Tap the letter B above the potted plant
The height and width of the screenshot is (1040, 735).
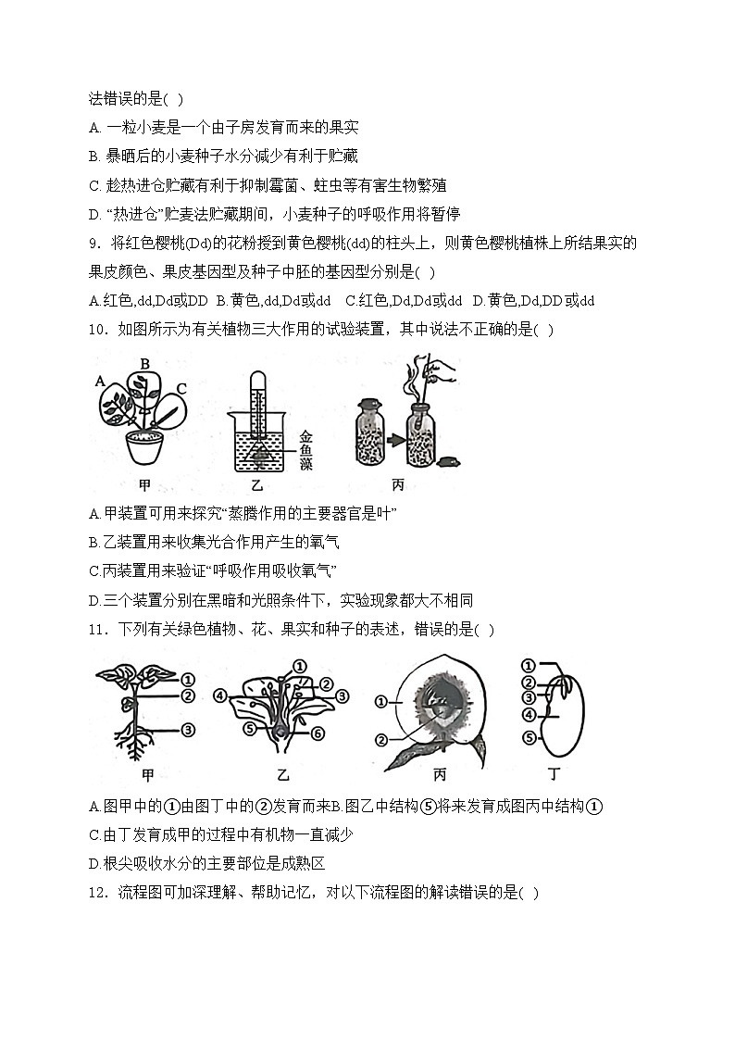tap(144, 363)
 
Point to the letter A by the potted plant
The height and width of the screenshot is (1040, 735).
tap(99, 380)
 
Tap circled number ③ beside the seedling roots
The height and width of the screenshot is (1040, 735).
tap(188, 731)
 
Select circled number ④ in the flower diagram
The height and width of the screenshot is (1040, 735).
tap(219, 695)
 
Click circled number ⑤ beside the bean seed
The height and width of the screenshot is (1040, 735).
tap(529, 738)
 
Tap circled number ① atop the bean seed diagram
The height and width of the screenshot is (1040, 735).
tap(529, 665)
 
